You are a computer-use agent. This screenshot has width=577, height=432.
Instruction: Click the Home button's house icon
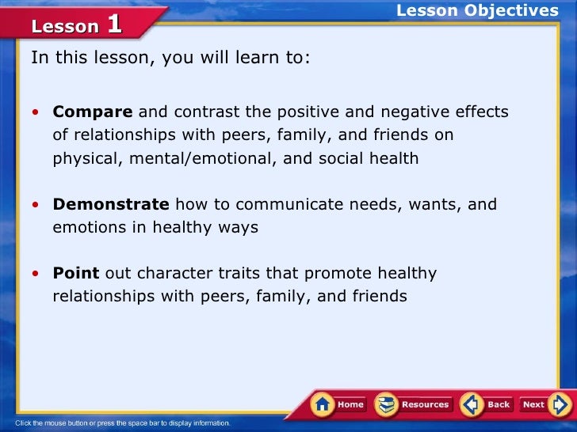[x=323, y=404]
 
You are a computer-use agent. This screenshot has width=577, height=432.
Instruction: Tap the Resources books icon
[x=386, y=404]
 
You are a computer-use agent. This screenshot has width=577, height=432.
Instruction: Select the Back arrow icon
[x=472, y=404]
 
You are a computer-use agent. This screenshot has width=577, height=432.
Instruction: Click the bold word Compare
[x=93, y=112]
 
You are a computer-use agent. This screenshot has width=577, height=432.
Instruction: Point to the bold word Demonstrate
[x=111, y=204]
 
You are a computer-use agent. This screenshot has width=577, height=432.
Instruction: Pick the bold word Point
[x=76, y=273]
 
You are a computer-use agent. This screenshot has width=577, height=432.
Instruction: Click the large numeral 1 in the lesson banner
[x=114, y=25]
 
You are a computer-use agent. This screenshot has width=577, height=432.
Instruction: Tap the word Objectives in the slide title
[x=511, y=10]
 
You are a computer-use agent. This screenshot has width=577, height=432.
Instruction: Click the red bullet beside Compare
[x=36, y=112]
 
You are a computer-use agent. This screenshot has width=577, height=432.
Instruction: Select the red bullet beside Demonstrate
[x=36, y=205]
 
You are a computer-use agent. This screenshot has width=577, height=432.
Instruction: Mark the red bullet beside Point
[x=36, y=274]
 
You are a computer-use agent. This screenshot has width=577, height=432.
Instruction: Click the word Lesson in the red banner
[x=65, y=27]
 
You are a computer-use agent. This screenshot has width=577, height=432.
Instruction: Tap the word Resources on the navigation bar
[x=425, y=404]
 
